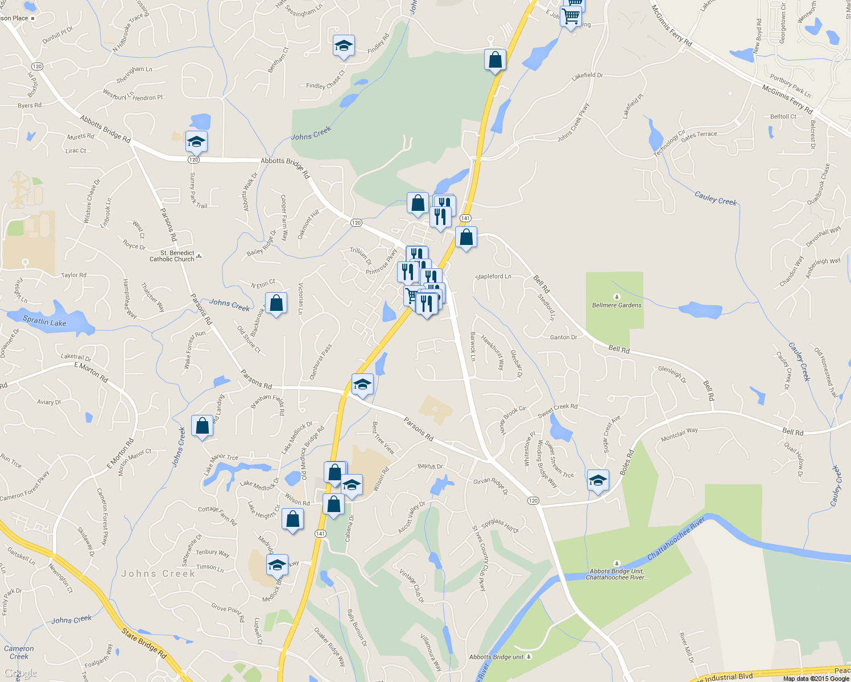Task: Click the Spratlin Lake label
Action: (x=44, y=322)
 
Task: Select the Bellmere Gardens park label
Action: (x=617, y=305)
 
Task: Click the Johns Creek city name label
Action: (x=158, y=574)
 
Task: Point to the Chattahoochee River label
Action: (x=676, y=538)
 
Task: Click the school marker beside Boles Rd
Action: (x=598, y=481)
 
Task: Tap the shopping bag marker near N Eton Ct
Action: (x=276, y=303)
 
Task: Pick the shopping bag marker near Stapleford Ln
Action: (x=466, y=238)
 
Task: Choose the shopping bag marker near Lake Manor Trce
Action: (x=202, y=426)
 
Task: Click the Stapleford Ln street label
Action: (x=493, y=277)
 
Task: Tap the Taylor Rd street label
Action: (x=74, y=275)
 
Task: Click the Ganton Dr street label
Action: (x=563, y=338)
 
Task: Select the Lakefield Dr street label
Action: (x=587, y=75)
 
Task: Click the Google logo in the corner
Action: (x=20, y=673)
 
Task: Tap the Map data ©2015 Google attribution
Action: (x=816, y=678)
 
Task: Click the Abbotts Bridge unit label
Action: (x=496, y=657)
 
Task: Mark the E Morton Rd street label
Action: (x=91, y=372)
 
